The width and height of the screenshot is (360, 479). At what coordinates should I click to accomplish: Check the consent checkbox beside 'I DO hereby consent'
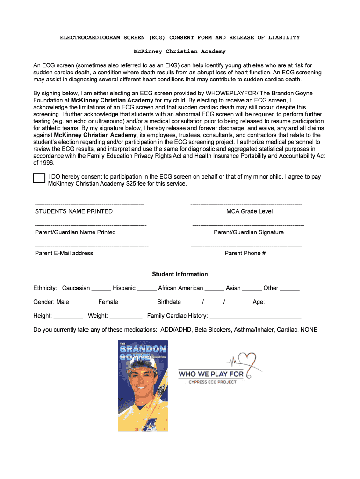[x=39, y=178]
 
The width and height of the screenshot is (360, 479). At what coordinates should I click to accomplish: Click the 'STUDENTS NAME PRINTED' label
[x=74, y=211]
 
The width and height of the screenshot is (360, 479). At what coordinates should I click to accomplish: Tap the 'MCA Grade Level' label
[x=249, y=211]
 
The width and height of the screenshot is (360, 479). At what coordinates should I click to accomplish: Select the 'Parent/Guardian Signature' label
[x=248, y=232]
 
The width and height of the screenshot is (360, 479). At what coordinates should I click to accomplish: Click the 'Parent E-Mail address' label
[x=64, y=253]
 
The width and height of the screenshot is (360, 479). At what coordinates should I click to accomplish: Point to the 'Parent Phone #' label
[x=245, y=253]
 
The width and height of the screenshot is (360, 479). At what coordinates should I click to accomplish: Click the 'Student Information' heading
[x=180, y=274]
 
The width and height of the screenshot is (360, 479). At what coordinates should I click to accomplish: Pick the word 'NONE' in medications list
[x=309, y=330]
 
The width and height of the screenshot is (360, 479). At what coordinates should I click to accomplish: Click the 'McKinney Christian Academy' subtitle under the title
[x=180, y=51]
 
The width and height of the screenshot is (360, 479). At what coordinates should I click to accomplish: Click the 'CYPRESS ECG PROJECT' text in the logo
[x=212, y=382]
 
